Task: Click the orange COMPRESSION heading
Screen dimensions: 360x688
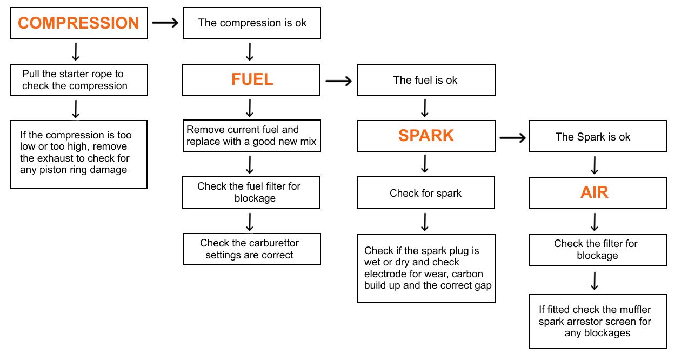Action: (x=79, y=23)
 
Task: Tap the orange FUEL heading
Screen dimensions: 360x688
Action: (x=252, y=79)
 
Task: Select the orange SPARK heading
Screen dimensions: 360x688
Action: (x=426, y=135)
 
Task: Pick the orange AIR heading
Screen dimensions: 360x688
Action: (x=595, y=192)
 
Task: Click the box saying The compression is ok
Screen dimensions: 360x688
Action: (x=252, y=23)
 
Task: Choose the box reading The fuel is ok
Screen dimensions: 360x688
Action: (x=426, y=80)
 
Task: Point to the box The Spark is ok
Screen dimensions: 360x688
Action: (x=597, y=137)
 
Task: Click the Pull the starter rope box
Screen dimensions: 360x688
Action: (x=79, y=80)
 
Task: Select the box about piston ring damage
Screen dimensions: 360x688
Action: (x=79, y=154)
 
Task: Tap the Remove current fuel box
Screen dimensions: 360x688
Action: (x=252, y=136)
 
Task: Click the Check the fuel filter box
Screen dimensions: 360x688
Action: (x=252, y=192)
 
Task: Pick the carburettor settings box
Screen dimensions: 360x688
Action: (x=252, y=249)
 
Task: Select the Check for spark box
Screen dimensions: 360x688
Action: (x=426, y=193)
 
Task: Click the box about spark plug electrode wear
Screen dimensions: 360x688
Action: (x=426, y=268)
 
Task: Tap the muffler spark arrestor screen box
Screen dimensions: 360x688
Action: (x=597, y=321)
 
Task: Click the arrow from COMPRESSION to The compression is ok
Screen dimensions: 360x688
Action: (x=165, y=23)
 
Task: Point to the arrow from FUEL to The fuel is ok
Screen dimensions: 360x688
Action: (x=339, y=81)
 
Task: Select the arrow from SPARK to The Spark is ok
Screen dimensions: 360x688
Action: (x=512, y=138)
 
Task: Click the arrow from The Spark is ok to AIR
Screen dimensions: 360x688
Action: (x=595, y=165)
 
